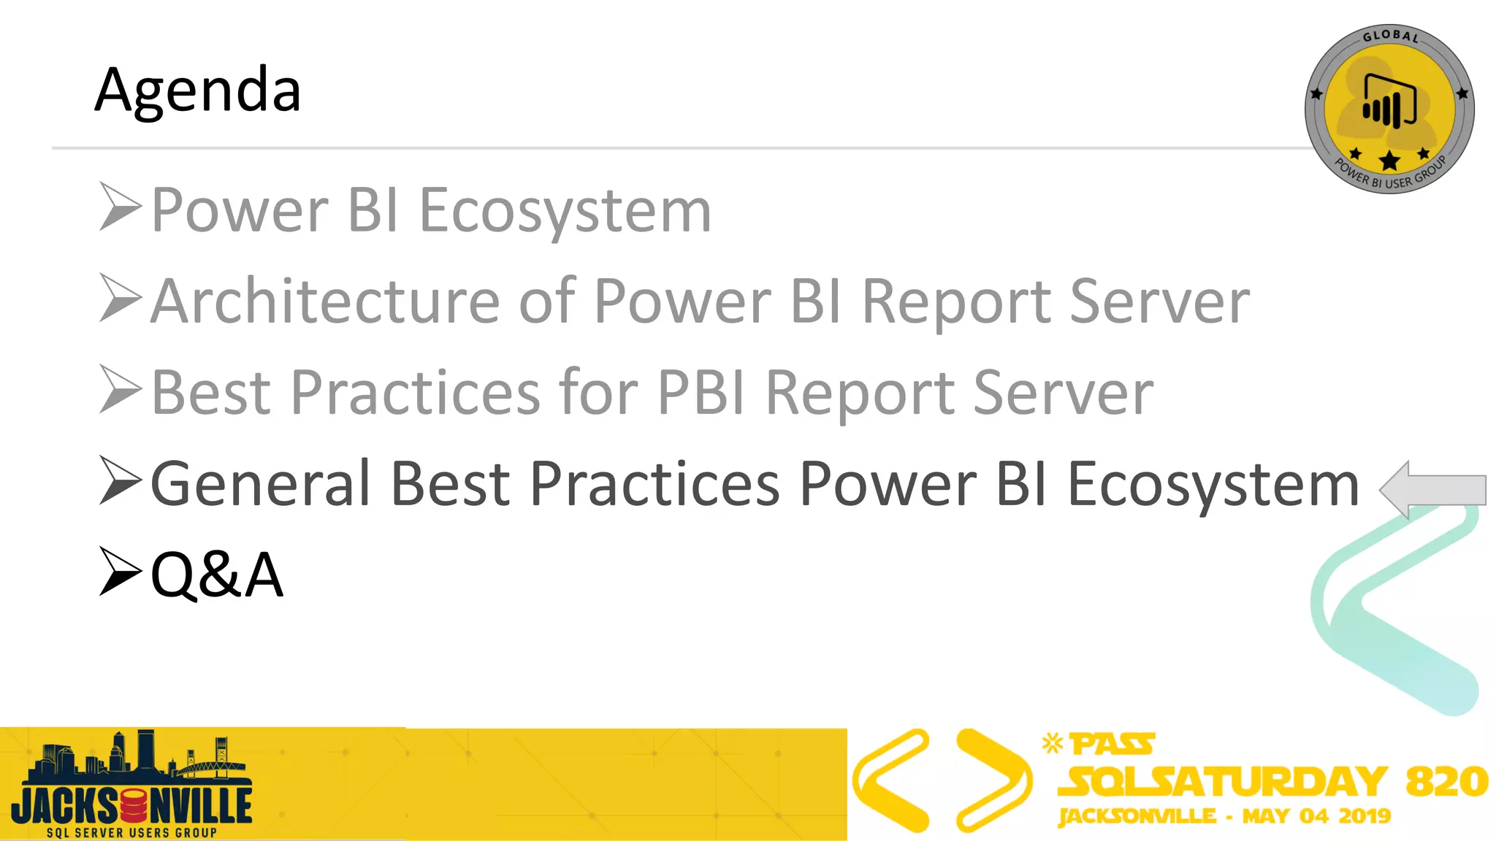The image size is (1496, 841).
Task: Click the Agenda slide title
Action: (197, 91)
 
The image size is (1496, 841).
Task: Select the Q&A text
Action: (216, 575)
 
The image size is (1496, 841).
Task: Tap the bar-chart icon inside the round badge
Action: (1389, 102)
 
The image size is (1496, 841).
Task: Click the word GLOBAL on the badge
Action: (1390, 36)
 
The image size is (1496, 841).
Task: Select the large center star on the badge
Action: (1389, 161)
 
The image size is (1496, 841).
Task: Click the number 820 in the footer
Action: (1446, 781)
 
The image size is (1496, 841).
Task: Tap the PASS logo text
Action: (1112, 745)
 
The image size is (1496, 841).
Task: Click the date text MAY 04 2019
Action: (1316, 815)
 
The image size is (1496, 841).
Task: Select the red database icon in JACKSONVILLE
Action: (133, 806)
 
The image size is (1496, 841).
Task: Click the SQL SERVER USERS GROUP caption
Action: (131, 832)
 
